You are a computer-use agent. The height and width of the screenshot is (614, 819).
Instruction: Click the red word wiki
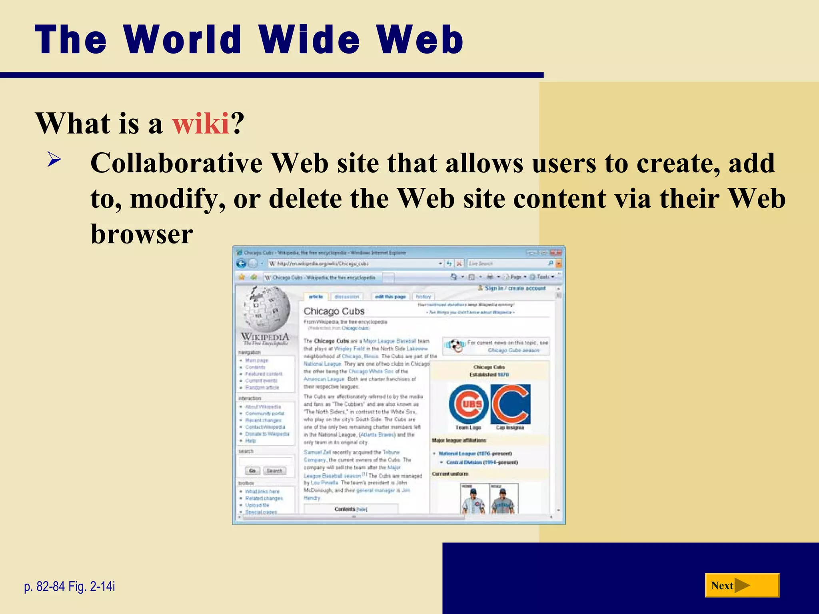pos(200,123)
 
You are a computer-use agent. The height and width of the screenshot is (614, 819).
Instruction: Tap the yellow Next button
pos(742,585)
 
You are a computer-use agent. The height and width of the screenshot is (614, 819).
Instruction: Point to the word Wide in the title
pos(309,40)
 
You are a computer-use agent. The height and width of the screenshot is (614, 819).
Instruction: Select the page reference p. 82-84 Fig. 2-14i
pos(70,586)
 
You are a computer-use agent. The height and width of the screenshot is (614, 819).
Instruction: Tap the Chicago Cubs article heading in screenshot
pos(334,311)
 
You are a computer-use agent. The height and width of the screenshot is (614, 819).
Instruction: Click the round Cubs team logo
pos(468,404)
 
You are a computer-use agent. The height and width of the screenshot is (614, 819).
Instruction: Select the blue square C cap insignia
pos(510,404)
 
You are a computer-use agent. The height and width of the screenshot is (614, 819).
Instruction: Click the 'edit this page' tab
pos(390,297)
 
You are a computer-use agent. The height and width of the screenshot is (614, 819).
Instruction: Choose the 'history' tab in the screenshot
pos(423,297)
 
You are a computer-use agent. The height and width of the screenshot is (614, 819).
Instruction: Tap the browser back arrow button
pos(241,263)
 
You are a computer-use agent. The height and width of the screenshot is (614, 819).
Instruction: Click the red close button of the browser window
pos(556,253)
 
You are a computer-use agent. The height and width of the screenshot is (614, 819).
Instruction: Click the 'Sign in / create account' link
pos(515,288)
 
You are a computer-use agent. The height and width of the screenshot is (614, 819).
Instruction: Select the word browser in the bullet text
pos(142,234)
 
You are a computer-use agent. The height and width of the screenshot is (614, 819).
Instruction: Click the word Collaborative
pos(176,163)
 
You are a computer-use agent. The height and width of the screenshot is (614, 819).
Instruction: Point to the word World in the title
pos(182,40)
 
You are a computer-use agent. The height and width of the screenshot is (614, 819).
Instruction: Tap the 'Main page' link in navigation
pos(256,360)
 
